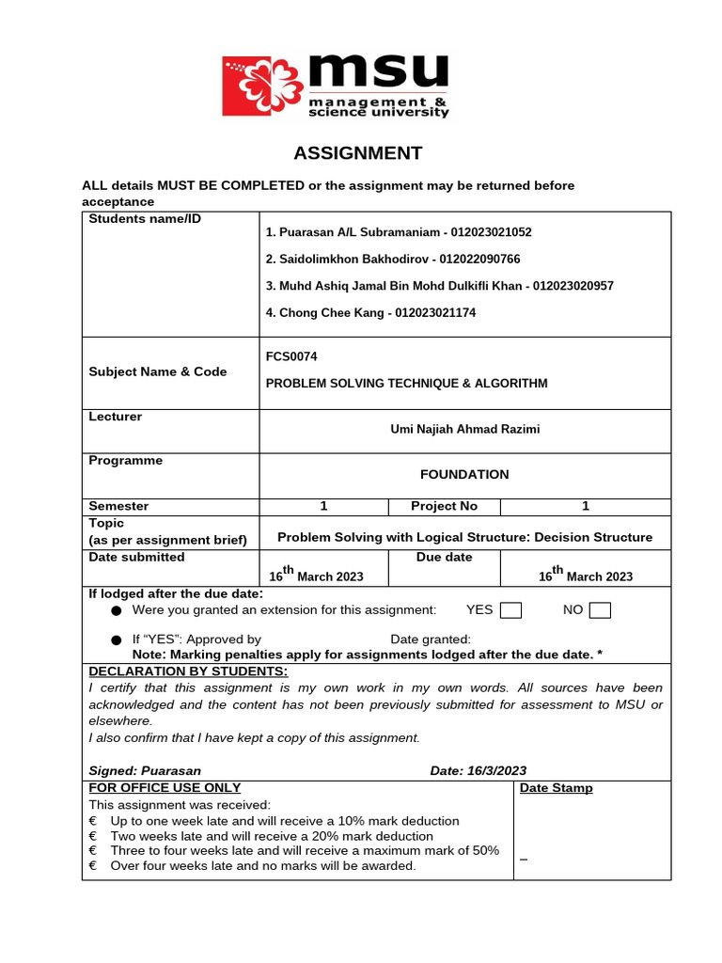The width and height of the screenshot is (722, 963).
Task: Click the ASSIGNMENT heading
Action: click(357, 153)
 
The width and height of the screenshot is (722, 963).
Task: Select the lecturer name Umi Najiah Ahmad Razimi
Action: click(464, 429)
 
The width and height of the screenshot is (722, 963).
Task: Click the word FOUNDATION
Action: click(464, 475)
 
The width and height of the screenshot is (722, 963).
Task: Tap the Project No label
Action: click(444, 506)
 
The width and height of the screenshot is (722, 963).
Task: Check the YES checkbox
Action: click(510, 610)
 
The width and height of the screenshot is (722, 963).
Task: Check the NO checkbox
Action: click(600, 610)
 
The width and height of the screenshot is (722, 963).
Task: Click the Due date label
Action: click(444, 557)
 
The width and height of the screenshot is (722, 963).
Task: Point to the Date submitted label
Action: click(136, 557)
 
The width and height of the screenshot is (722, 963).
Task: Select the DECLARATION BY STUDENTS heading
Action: click(188, 671)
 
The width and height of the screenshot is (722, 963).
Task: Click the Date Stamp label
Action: click(557, 788)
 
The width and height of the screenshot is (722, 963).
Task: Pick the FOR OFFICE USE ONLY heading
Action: click(165, 787)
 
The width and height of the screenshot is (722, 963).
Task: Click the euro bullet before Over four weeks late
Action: click(93, 865)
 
